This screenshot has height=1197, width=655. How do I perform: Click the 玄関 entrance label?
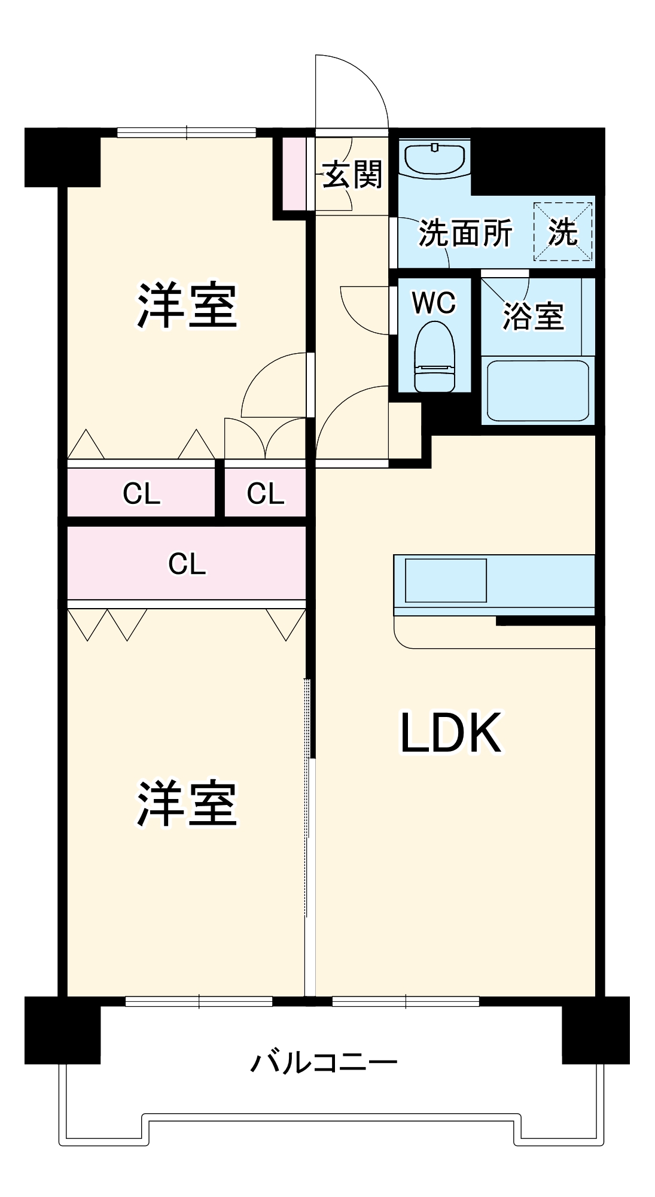[352, 175]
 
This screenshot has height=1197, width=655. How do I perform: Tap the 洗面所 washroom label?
[465, 233]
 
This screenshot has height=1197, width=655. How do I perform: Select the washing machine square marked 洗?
[563, 232]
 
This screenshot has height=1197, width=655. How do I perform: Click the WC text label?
[434, 303]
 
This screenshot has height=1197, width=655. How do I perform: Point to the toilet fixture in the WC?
[434, 357]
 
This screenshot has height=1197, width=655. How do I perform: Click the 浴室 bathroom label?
[533, 316]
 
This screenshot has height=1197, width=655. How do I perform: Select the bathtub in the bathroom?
[538, 390]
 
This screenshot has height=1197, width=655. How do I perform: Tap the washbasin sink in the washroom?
[434, 158]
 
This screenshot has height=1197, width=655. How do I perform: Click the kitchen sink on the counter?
[446, 580]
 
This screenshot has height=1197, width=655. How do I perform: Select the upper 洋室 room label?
[187, 305]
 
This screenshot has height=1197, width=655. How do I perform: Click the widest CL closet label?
[187, 564]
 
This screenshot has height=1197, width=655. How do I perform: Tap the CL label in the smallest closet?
[265, 494]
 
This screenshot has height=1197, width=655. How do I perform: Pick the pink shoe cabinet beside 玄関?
[294, 174]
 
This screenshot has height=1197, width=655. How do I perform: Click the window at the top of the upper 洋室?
[187, 132]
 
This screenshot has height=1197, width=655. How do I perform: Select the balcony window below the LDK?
[406, 1001]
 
